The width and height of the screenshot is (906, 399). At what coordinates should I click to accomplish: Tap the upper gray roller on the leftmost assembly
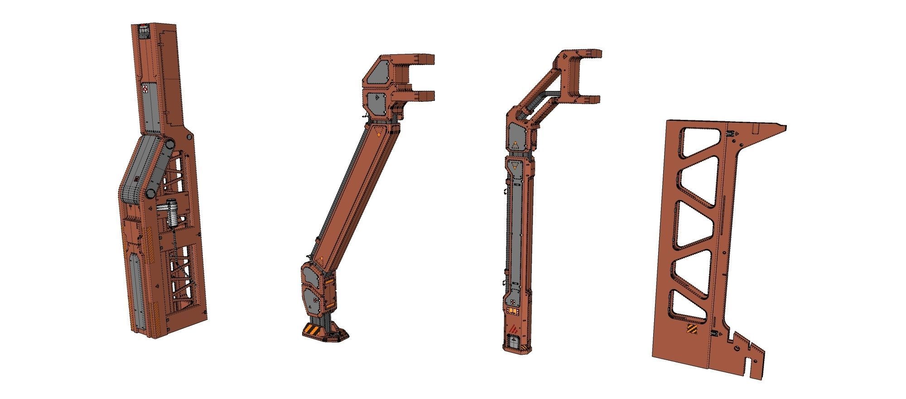point(169,144)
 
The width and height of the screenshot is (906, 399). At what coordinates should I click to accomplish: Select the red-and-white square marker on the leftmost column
point(145,89)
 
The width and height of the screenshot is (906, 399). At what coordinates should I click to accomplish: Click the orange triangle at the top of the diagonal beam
point(379,133)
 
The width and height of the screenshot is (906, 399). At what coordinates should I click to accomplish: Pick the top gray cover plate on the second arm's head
point(378,73)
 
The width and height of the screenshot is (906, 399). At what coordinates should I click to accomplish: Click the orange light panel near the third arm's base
point(513,311)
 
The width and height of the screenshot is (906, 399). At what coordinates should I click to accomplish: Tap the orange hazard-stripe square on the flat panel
point(692,329)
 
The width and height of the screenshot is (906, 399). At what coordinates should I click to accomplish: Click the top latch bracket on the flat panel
point(730,134)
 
